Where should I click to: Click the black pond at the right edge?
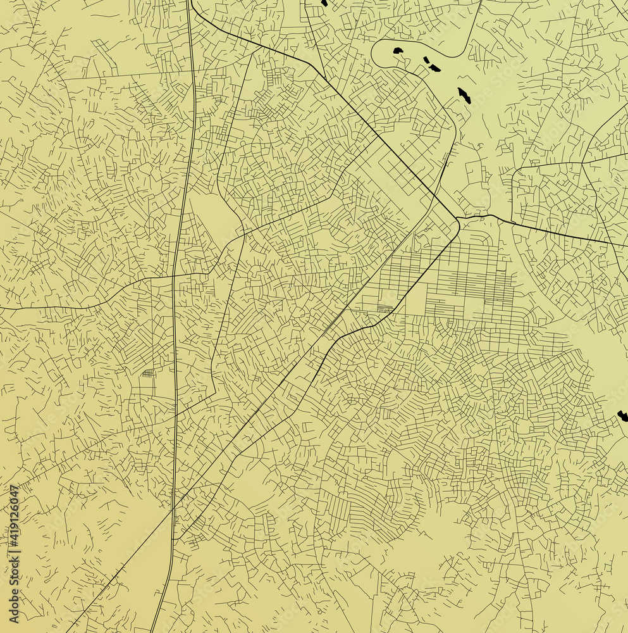point(622,416)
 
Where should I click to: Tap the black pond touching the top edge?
point(324,3)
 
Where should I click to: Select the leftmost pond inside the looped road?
point(398,50)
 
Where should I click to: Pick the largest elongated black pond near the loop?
point(464,96)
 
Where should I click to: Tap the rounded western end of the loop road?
point(374,52)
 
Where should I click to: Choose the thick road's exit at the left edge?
point(2,309)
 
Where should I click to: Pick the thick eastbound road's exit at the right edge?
point(625,246)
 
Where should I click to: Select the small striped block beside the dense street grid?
point(384,308)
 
